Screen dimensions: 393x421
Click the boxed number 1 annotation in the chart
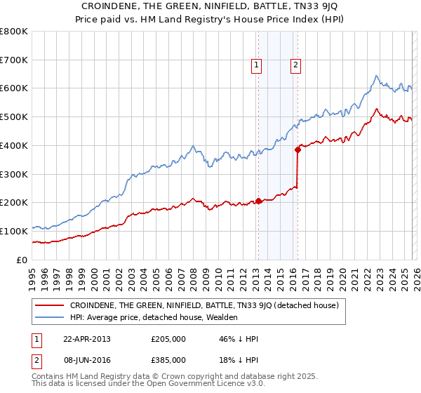coord(257,65)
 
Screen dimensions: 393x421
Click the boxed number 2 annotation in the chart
coord(295,65)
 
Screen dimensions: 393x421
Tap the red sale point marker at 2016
coord(298,149)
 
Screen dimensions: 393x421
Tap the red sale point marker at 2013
coord(258,201)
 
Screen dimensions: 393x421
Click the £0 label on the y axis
coord(22,260)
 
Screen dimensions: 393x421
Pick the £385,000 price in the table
coord(168,359)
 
